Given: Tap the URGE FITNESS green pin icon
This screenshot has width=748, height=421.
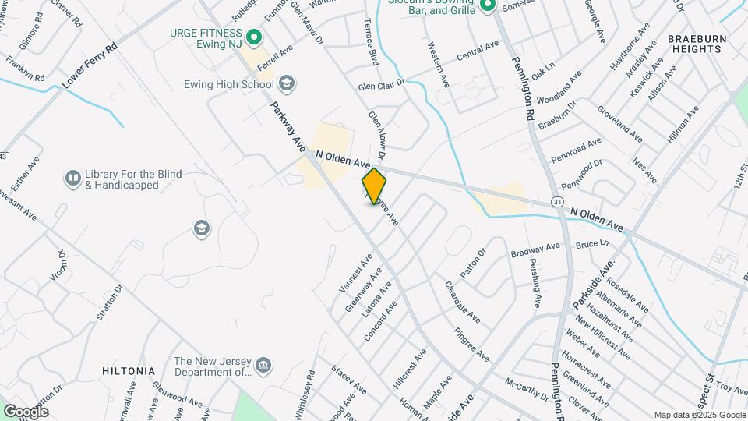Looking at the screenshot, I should (253, 37).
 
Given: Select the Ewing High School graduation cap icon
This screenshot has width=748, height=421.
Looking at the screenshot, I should (287, 83).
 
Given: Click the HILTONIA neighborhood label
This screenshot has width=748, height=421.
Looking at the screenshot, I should (129, 371).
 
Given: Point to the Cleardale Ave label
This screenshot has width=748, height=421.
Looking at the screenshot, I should (462, 303).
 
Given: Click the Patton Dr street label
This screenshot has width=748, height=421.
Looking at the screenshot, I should (472, 262).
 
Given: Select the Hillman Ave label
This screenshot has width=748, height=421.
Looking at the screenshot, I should (683, 126).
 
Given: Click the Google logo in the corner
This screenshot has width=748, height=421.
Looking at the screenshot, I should (26, 411).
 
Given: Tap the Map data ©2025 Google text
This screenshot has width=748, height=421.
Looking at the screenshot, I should (699, 415).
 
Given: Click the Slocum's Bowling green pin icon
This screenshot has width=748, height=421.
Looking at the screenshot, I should (488, 7).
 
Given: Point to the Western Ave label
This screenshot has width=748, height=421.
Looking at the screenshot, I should (439, 64).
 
